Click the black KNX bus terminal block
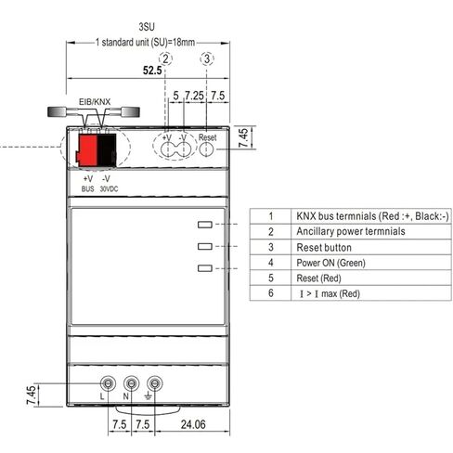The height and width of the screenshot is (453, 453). point(107,150)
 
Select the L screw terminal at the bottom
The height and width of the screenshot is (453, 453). point(108,382)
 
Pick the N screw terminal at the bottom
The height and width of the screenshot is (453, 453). point(131,382)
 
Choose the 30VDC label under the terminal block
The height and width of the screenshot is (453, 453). point(110,187)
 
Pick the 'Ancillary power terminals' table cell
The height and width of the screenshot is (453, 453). point(350,231)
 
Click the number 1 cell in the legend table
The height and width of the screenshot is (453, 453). point(271,215)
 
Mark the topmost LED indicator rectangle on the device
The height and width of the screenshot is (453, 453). point(204,224)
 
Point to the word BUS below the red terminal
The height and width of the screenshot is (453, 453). point(88,187)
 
